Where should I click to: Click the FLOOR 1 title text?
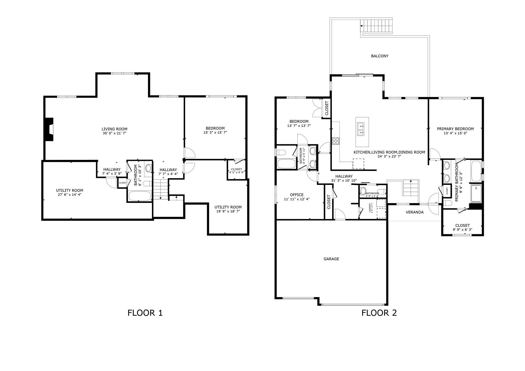[145, 313]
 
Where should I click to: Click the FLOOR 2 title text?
[379, 313]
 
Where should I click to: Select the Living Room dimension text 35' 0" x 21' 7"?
[114, 133]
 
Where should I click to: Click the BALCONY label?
[379, 56]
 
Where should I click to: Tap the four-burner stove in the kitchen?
[336, 141]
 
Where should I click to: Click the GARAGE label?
[331, 259]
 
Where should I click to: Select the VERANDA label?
[414, 212]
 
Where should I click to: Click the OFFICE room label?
[297, 195]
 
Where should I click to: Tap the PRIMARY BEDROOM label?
[455, 129]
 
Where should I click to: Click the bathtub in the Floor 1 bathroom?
[140, 196]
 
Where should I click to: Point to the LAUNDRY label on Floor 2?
[370, 208]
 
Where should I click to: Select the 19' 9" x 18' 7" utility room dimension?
[228, 211]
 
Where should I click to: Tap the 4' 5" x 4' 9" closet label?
[236, 173]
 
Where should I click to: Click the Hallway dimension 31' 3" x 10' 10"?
[344, 181]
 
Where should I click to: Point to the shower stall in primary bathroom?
[476, 193]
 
